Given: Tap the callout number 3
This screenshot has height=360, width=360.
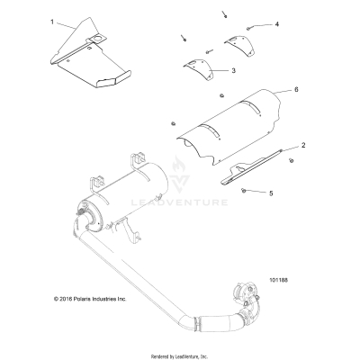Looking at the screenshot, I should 233,69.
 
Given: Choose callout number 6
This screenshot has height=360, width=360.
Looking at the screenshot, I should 296,90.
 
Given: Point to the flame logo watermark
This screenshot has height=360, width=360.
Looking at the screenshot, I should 180,172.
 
